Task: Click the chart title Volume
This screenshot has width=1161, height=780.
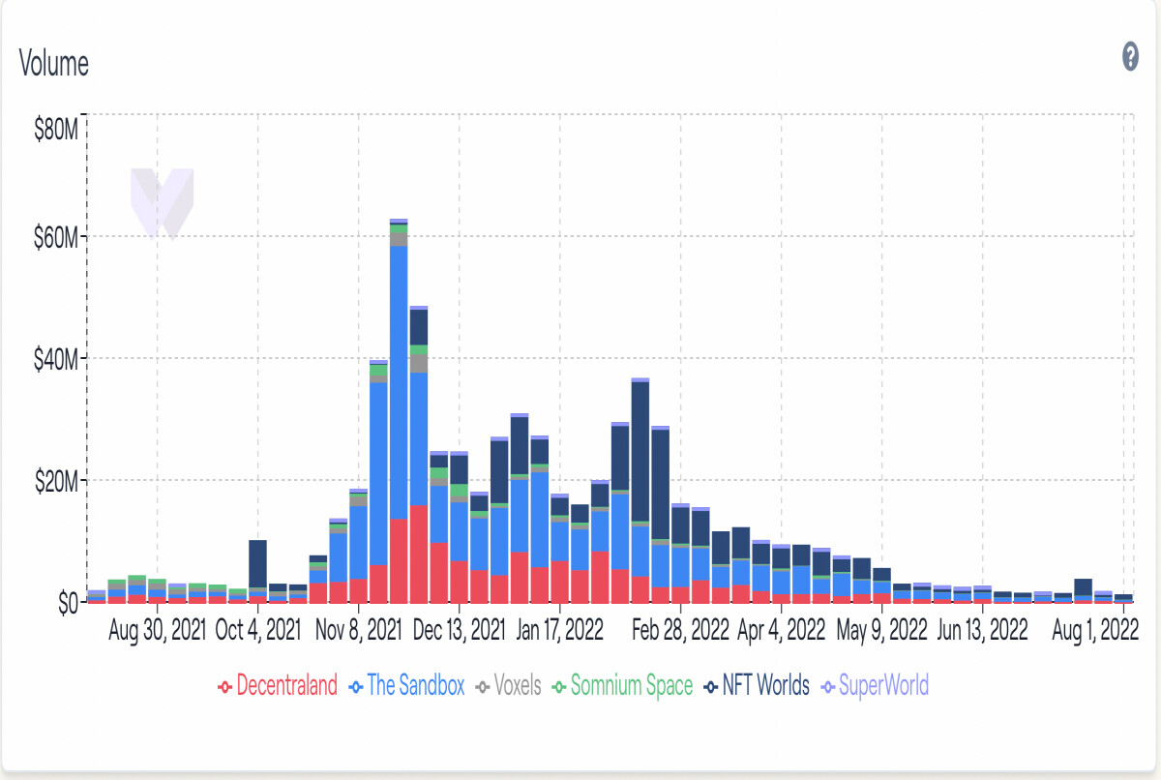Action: coord(54,63)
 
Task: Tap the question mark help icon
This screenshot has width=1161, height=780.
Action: coord(1130,56)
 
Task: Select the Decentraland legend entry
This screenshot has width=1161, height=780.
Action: coord(278,686)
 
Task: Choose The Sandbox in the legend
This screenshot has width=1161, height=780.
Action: coord(407,686)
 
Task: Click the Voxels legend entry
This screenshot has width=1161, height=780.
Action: coord(509,686)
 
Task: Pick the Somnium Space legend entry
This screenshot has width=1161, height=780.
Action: coord(622,686)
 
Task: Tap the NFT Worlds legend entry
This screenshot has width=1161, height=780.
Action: coord(757,686)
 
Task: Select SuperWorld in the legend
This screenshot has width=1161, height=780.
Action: coord(876,686)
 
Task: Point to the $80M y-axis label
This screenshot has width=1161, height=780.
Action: coord(56,129)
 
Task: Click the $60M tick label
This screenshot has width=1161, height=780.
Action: coord(56,238)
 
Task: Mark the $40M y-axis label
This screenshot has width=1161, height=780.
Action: coord(56,360)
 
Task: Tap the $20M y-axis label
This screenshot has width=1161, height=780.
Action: coord(56,482)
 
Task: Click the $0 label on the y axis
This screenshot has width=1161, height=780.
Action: coord(69,603)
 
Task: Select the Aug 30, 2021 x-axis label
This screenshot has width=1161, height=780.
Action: coord(157,631)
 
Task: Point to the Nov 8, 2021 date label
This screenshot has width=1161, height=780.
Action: coord(359,631)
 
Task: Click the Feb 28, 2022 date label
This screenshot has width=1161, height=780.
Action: coord(680,631)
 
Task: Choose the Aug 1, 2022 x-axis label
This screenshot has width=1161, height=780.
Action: coord(1095,631)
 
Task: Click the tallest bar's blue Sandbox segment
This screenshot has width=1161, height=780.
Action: coord(399,382)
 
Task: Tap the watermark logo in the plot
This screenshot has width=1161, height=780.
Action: coord(163,204)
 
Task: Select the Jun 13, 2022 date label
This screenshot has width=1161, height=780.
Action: coord(983,631)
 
